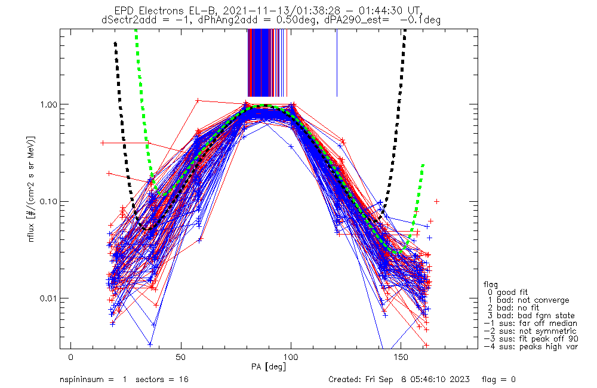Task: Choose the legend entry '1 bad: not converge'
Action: coord(528,300)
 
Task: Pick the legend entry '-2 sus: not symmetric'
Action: coord(530,331)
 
